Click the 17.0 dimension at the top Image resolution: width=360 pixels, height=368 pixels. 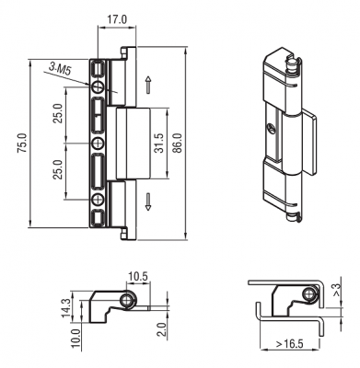(117, 19)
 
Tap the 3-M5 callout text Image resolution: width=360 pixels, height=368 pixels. (60, 69)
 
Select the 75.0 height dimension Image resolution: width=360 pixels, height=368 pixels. (22, 143)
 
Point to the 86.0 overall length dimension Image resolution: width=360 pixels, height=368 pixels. (178, 143)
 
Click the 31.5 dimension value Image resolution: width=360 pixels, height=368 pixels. (159, 143)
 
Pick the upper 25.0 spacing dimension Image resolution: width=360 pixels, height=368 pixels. (58, 113)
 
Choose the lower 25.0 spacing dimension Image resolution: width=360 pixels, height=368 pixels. (58, 169)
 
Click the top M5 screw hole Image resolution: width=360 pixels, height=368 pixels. (98, 86)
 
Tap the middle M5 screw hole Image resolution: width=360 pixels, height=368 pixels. (98, 143)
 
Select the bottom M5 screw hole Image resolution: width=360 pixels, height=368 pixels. (98, 200)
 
